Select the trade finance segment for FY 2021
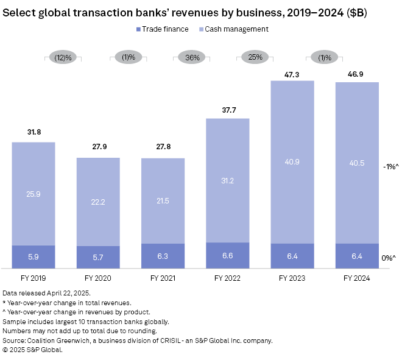[163, 255]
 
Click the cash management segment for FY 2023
[292, 161]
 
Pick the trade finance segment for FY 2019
[33, 256]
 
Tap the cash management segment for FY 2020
[98, 202]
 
